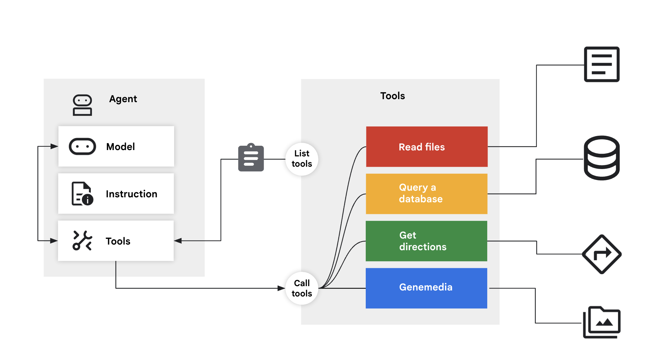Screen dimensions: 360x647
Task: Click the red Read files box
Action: (427, 147)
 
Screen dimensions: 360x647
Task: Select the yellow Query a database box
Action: (426, 194)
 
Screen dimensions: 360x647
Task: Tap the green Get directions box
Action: (426, 241)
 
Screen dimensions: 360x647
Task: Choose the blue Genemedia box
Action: (426, 288)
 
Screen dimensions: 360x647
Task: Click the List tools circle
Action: (302, 159)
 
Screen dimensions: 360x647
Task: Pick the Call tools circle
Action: (302, 288)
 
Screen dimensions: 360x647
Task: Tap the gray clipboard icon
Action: (251, 158)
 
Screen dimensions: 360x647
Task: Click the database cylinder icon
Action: (601, 158)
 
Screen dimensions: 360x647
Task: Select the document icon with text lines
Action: (601, 64)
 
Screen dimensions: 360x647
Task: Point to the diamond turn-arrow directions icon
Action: (601, 254)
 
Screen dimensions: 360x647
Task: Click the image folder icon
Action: (602, 322)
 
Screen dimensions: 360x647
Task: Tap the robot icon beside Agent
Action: (82, 105)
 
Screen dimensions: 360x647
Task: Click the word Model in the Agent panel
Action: (120, 147)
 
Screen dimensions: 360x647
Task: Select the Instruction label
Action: (131, 194)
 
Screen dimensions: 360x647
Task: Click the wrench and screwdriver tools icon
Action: (82, 240)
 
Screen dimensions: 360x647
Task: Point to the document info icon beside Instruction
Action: (82, 194)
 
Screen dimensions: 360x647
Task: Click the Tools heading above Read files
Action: (392, 96)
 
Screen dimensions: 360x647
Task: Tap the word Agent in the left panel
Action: (123, 99)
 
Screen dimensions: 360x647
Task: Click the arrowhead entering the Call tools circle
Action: (282, 288)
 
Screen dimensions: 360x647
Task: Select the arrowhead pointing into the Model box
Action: (54, 146)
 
